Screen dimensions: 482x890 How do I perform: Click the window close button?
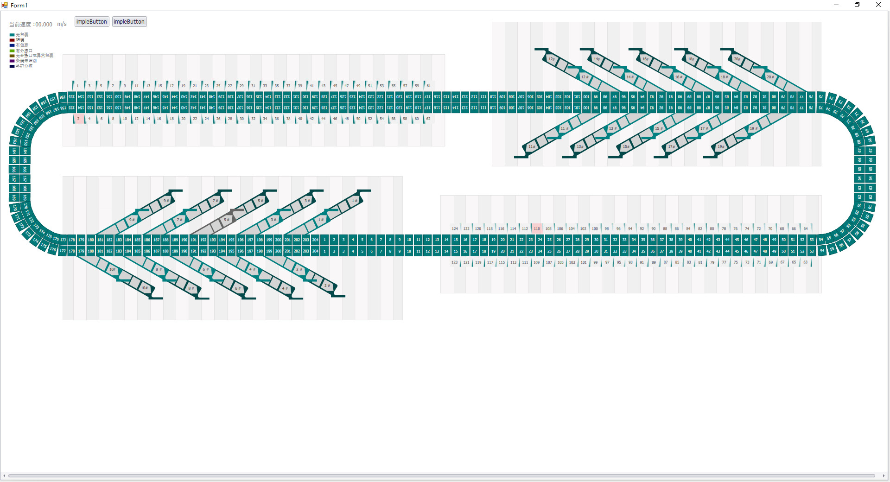(x=878, y=5)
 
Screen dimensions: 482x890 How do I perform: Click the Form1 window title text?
(x=19, y=6)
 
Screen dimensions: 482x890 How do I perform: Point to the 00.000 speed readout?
(x=44, y=25)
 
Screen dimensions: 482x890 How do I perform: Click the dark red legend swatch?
(x=12, y=40)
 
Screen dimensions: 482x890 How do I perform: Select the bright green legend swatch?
(x=12, y=51)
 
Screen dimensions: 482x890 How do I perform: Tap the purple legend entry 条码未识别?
(x=26, y=61)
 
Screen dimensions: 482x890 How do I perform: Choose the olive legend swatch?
(x=12, y=56)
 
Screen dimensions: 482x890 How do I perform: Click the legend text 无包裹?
(x=22, y=35)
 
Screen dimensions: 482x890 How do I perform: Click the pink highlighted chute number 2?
(x=79, y=119)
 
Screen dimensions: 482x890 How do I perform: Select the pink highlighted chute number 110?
(x=537, y=228)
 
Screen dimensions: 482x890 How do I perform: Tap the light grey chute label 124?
(x=455, y=228)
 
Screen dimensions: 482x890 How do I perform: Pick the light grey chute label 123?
(x=454, y=262)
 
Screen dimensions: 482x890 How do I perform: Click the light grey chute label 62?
(x=428, y=119)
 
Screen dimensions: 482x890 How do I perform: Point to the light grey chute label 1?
(x=77, y=86)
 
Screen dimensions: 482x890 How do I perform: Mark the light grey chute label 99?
(x=596, y=262)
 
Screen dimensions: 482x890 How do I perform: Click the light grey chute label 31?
(x=253, y=86)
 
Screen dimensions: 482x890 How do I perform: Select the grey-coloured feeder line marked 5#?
(x=226, y=220)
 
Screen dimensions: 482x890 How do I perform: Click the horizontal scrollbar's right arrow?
(x=884, y=476)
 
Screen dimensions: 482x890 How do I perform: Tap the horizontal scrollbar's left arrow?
(x=4, y=476)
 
